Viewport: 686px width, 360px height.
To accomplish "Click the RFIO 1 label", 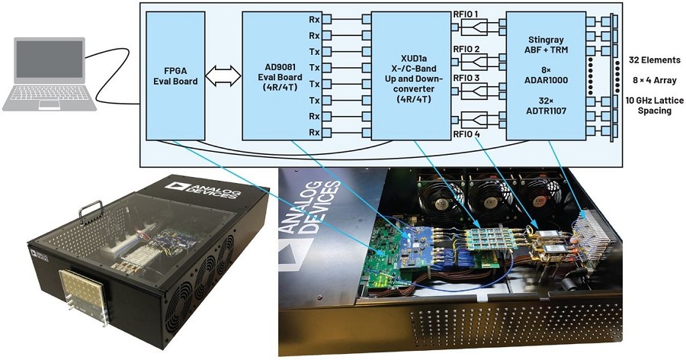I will click(x=466, y=14).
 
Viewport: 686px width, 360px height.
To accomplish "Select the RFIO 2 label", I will click(x=466, y=50).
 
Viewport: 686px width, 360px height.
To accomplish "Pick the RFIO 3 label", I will click(x=466, y=79).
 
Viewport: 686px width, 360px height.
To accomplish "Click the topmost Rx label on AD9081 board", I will click(x=313, y=19).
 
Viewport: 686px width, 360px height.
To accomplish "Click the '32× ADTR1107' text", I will click(x=543, y=106).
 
